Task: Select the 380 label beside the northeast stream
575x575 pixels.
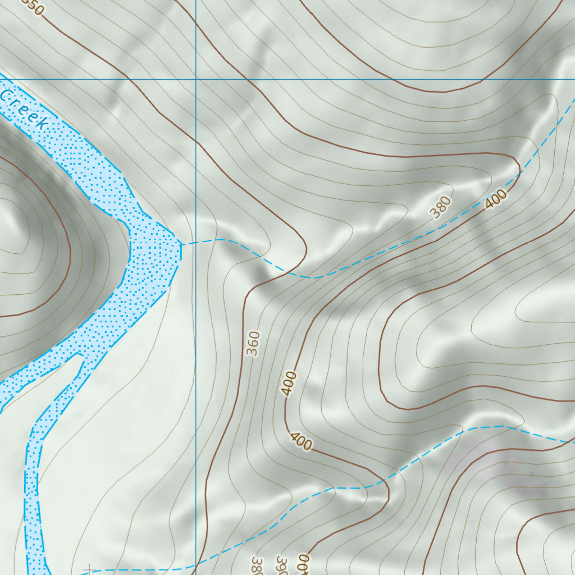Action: point(441,207)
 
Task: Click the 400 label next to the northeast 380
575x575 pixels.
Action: point(496,199)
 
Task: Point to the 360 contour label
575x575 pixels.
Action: point(254,344)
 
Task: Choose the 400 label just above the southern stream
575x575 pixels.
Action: point(301,441)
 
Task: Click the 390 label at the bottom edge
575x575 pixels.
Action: point(281,566)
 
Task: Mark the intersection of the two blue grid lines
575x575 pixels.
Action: point(195,79)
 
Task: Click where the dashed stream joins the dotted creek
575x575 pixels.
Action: point(181,244)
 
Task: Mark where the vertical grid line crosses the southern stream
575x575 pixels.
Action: point(195,567)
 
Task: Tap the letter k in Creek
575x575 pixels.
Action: point(41,121)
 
